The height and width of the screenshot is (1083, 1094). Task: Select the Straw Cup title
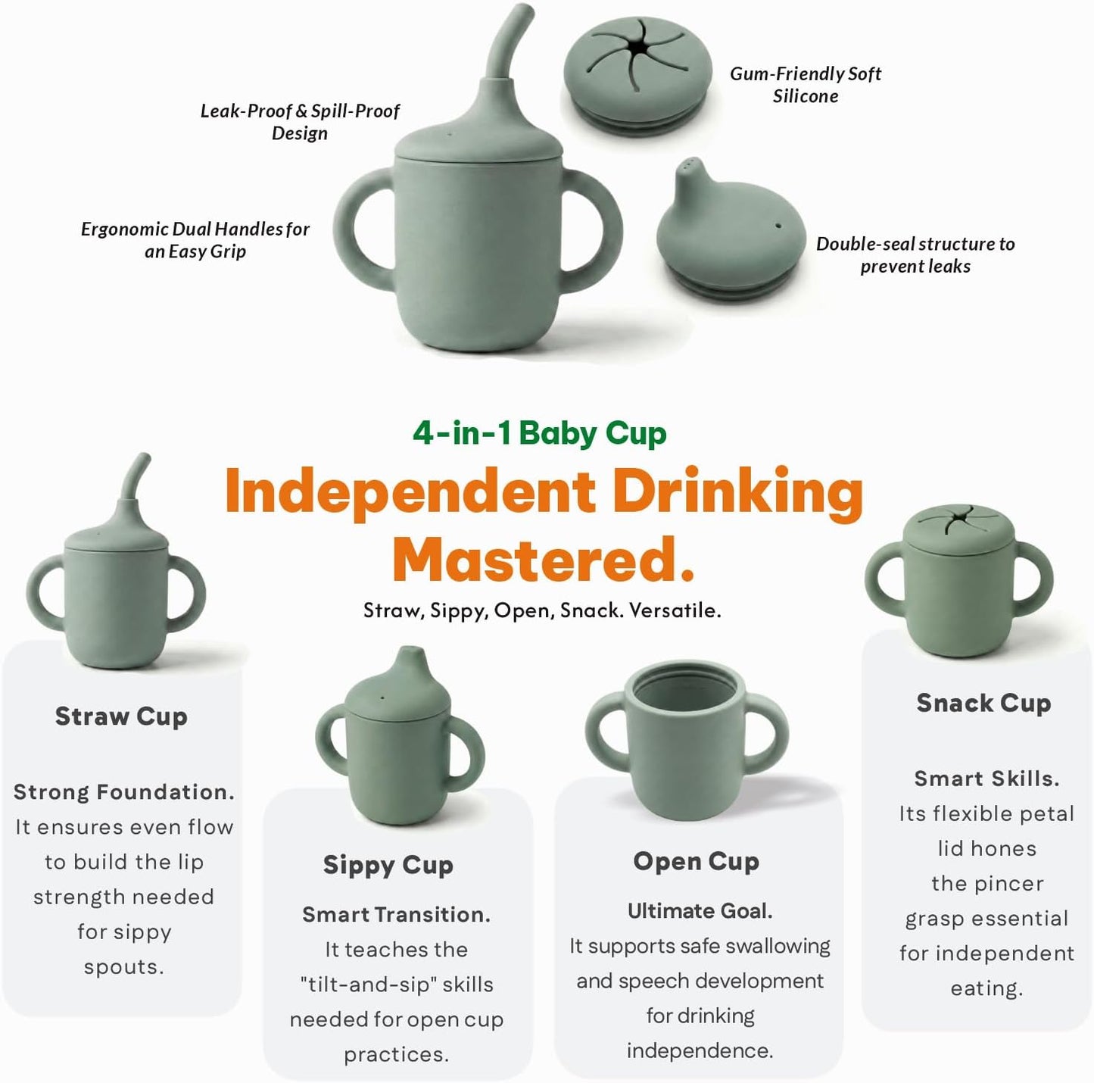pos(121,716)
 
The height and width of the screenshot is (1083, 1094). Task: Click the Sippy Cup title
pos(388,866)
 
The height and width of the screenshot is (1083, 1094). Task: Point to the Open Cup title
pos(696,862)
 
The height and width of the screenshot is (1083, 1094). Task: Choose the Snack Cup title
pos(984,703)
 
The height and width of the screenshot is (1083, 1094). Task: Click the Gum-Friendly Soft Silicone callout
pos(806,85)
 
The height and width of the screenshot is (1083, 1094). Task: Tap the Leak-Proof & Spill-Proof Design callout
pos(300,121)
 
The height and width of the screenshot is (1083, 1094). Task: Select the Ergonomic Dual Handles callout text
pos(195,239)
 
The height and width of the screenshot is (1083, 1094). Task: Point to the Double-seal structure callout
pos(915,255)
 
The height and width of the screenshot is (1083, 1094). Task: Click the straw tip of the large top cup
pos(525,11)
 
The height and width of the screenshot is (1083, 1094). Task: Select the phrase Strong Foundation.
pos(123,792)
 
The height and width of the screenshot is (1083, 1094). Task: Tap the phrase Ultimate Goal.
pos(700,912)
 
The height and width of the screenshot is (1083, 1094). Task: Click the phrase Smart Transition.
pos(396,915)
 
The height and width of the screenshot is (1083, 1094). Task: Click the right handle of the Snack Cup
pos(1033,579)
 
